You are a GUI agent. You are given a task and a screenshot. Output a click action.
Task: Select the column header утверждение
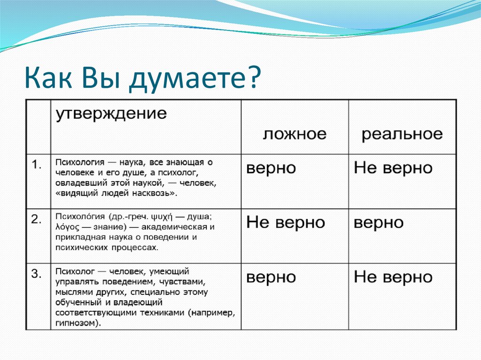pos(111,114)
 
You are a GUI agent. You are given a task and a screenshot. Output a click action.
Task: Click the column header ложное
pos(295,134)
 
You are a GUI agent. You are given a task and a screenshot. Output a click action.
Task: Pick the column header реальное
pos(402,135)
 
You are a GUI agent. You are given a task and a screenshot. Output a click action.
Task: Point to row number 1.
pos(37,165)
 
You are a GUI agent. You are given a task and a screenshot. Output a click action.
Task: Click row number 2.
pos(36,219)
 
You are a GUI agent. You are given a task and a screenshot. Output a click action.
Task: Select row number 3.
pos(36,274)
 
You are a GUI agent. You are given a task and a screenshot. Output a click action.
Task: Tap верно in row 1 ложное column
pos(271,169)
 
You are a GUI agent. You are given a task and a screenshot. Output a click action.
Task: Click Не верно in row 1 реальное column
pos(393,168)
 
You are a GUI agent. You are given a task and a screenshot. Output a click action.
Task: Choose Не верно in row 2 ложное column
pos(285,222)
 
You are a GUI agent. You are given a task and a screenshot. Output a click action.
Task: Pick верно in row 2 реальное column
pos(379,223)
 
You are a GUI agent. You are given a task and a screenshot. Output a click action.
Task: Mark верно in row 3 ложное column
pos(271,277)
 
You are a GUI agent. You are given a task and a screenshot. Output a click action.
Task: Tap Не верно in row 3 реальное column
pos(393,277)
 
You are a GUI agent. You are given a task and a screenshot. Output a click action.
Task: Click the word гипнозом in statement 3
pos(76,323)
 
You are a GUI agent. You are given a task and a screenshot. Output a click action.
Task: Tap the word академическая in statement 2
pos(174,227)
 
